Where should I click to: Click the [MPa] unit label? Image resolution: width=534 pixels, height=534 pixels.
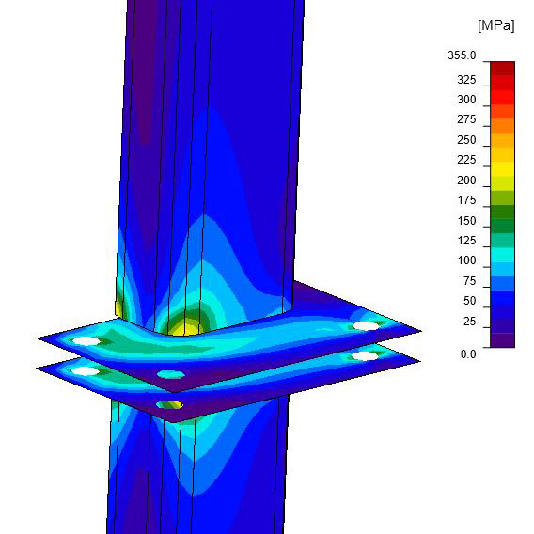click(x=496, y=25)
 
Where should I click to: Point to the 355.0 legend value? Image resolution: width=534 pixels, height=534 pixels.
click(x=462, y=55)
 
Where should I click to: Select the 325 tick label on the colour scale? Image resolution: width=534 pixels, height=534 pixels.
click(x=466, y=80)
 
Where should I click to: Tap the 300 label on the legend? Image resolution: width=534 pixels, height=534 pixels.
click(x=466, y=100)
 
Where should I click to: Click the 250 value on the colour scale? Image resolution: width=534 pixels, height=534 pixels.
click(x=466, y=140)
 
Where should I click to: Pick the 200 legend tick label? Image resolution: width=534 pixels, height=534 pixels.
click(x=466, y=181)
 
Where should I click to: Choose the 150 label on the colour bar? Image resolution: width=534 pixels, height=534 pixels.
click(x=466, y=221)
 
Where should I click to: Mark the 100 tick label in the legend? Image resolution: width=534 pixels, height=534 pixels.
click(x=466, y=260)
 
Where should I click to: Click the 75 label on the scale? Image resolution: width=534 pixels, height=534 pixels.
click(x=469, y=280)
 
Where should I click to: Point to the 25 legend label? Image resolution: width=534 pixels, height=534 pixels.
click(x=469, y=322)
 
